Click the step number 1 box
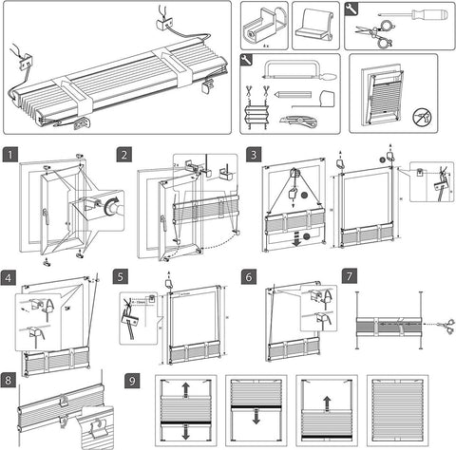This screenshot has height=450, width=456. click(x=10, y=154)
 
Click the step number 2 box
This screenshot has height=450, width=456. click(x=124, y=154)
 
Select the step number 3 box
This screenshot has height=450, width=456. click(x=254, y=154)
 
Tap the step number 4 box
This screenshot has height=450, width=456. click(x=10, y=279)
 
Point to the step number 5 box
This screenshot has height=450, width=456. click(x=120, y=279)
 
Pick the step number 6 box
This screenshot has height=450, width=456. click(x=248, y=279)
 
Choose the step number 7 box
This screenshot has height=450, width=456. click(x=350, y=279)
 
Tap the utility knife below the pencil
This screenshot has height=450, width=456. click(x=295, y=120)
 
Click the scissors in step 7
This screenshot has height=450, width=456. click(x=446, y=324)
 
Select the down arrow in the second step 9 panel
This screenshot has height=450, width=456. click(x=256, y=419)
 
